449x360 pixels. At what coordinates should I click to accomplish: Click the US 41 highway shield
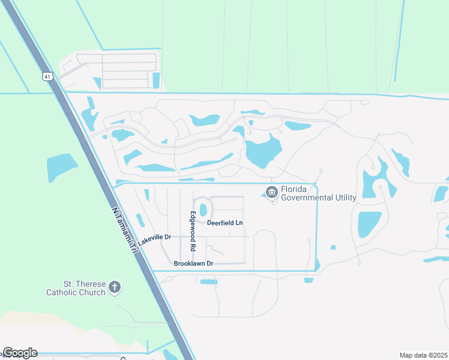tap(48, 76)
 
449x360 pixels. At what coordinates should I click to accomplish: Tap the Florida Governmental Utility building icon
tap(271, 192)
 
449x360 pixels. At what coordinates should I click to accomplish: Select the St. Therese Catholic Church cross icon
tap(115, 288)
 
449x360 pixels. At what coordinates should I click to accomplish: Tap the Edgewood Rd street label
tap(193, 231)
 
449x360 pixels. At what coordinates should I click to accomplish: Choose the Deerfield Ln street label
tap(224, 223)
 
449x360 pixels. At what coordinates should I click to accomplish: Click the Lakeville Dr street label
tap(154, 239)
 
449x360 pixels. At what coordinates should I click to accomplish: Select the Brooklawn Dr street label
tap(193, 263)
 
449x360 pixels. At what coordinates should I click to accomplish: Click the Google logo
tap(20, 353)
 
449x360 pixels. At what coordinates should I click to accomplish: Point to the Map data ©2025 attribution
tap(423, 355)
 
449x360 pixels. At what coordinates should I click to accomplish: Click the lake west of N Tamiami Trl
tap(61, 166)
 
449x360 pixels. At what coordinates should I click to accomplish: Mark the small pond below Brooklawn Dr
tap(208, 281)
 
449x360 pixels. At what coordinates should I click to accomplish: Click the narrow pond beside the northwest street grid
tap(156, 80)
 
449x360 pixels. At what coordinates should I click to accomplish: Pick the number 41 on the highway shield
tap(48, 77)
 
